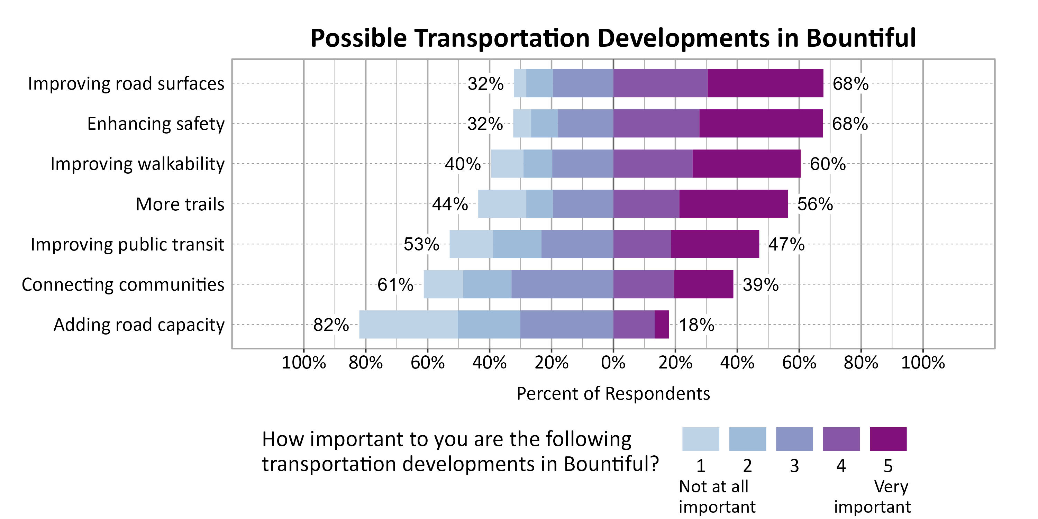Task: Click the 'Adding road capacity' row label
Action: point(139,325)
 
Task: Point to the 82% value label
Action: point(331,325)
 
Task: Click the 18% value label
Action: point(696,325)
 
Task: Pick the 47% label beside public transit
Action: point(786,244)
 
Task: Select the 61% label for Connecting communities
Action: point(395,285)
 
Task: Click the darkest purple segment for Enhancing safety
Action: point(761,123)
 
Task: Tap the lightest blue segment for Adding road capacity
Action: point(408,325)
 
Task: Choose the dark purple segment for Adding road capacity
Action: point(662,325)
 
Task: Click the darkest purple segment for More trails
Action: point(734,204)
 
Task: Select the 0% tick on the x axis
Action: point(613,363)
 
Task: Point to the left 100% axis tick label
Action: point(303,363)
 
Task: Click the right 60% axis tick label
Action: point(799,363)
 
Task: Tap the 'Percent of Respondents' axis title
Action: point(613,394)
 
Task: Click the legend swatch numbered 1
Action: point(700,439)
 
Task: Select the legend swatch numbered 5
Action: point(888,439)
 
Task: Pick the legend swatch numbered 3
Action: point(794,439)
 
